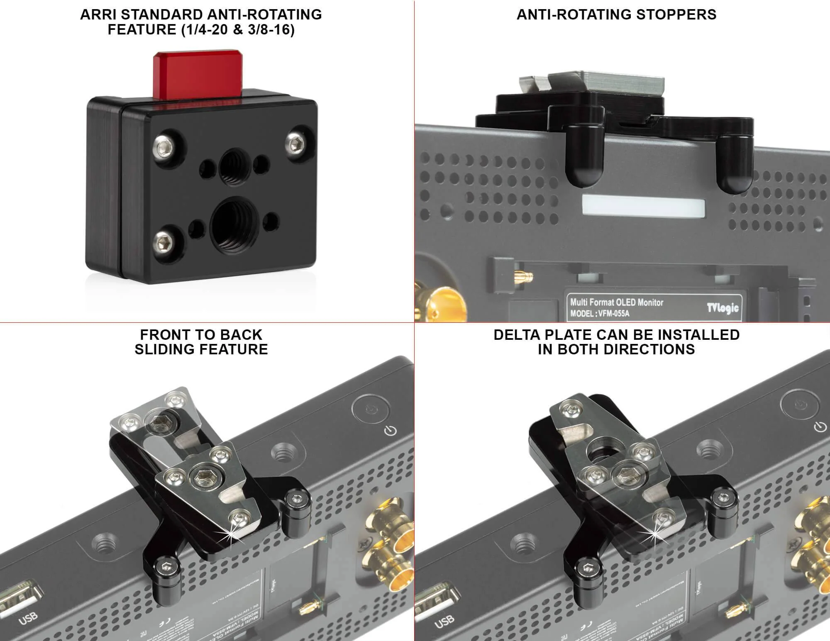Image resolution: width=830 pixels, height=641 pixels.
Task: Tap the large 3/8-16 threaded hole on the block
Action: [x=234, y=224]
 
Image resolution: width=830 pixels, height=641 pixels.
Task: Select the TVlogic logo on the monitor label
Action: [x=723, y=307]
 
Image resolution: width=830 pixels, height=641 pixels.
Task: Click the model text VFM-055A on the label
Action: [x=613, y=314]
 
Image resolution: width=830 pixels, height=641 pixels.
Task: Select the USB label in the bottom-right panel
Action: [x=444, y=620]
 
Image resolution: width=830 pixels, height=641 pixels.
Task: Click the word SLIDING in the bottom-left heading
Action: [x=168, y=349]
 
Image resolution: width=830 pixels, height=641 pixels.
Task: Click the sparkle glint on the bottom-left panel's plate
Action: [x=229, y=534]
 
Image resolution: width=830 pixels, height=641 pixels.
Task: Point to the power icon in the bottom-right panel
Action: [x=820, y=427]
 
